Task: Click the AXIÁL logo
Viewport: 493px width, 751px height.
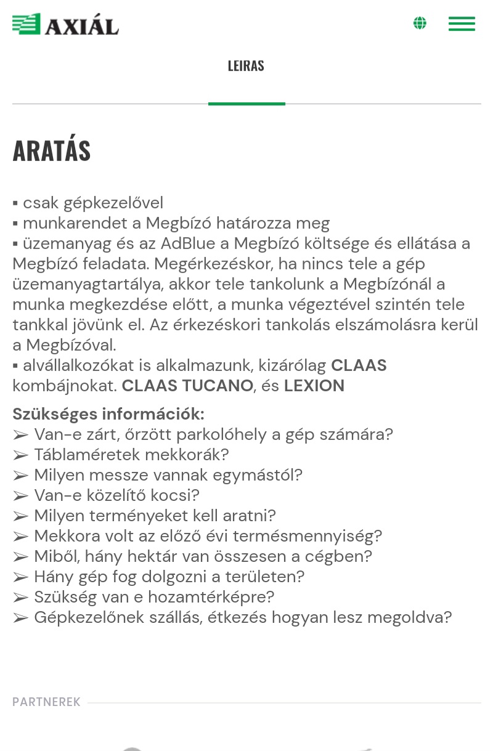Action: [65, 25]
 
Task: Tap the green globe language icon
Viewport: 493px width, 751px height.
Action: [420, 23]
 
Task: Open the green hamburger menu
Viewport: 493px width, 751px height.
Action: [462, 23]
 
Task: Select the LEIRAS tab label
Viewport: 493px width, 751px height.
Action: [246, 66]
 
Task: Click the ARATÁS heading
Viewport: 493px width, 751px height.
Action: [52, 151]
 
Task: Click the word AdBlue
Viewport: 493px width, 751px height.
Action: [188, 243]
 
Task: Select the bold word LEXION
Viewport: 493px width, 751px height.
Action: [314, 386]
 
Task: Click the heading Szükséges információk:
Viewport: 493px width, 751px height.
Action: [108, 413]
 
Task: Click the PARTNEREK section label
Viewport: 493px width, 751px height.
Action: [47, 702]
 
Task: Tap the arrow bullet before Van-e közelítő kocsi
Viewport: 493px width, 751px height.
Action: [20, 496]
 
